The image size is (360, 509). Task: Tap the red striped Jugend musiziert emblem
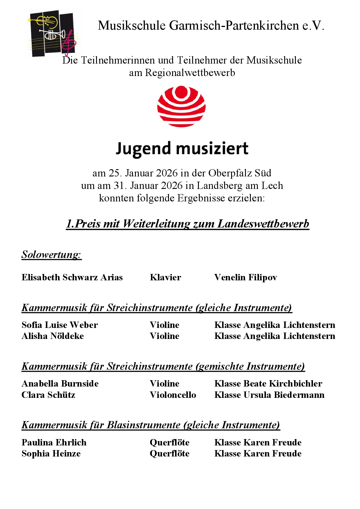(181, 106)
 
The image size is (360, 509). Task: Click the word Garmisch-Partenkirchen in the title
(234, 26)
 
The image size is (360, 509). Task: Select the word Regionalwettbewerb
(190, 73)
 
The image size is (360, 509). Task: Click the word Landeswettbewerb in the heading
(263, 224)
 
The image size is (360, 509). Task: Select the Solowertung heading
(51, 255)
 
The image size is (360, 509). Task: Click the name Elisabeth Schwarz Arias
(72, 277)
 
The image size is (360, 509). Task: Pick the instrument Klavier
(165, 277)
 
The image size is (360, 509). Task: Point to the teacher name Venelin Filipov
(246, 277)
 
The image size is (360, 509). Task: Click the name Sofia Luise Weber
(60, 325)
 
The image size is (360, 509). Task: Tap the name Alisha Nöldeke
(53, 336)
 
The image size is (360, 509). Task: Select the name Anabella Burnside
(60, 384)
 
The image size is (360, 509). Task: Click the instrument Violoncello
(173, 395)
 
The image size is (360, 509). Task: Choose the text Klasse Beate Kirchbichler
(268, 384)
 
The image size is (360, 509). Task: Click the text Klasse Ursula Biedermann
(269, 395)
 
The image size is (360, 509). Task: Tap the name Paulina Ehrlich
(54, 443)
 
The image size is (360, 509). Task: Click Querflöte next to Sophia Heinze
(170, 454)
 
